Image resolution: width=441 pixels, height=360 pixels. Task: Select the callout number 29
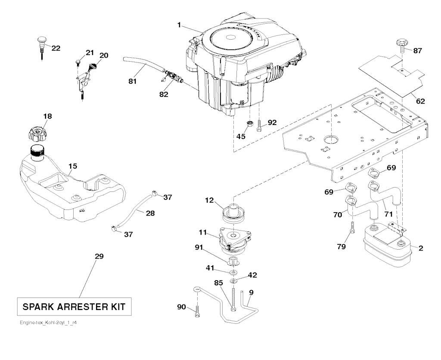tap(99, 257)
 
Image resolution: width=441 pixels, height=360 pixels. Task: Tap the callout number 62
tap(420, 101)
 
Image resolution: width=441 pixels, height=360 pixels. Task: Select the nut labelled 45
tap(249, 125)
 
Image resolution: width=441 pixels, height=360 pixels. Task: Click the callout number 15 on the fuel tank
tap(73, 165)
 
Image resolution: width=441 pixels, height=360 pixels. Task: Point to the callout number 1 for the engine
tap(178, 25)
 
